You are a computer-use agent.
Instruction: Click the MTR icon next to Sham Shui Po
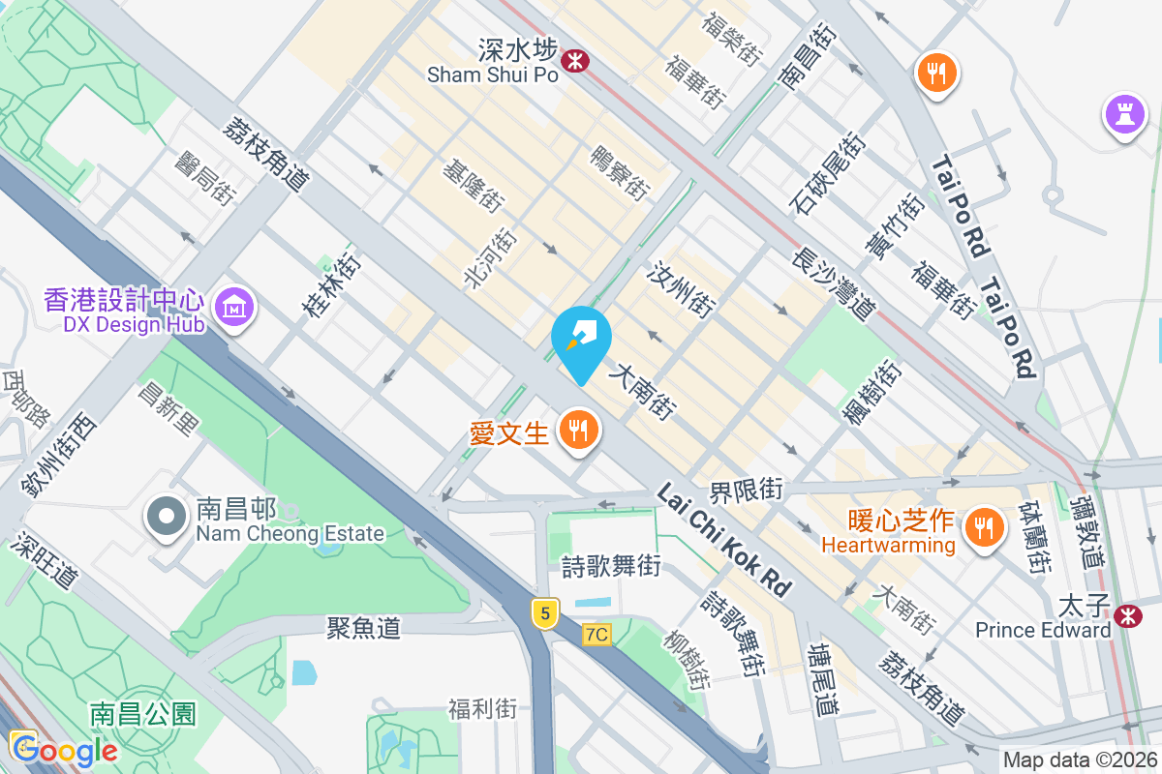tap(576, 61)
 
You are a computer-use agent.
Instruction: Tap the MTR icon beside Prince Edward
tap(1126, 614)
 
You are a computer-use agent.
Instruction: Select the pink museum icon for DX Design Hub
tap(233, 307)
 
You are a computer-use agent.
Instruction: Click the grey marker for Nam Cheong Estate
tap(167, 517)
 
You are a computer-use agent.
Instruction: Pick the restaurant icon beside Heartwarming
tap(984, 527)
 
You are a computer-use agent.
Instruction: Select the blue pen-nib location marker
tap(581, 341)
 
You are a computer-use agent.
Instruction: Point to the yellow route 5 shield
tap(545, 612)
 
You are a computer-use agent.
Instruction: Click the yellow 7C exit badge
tap(597, 635)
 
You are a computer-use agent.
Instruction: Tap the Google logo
tap(64, 750)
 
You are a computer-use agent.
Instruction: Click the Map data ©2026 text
tap(1079, 760)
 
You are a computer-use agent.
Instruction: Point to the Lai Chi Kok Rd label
tap(723, 539)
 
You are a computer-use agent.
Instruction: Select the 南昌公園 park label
tap(142, 715)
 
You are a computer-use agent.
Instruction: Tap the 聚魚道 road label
tap(364, 628)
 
